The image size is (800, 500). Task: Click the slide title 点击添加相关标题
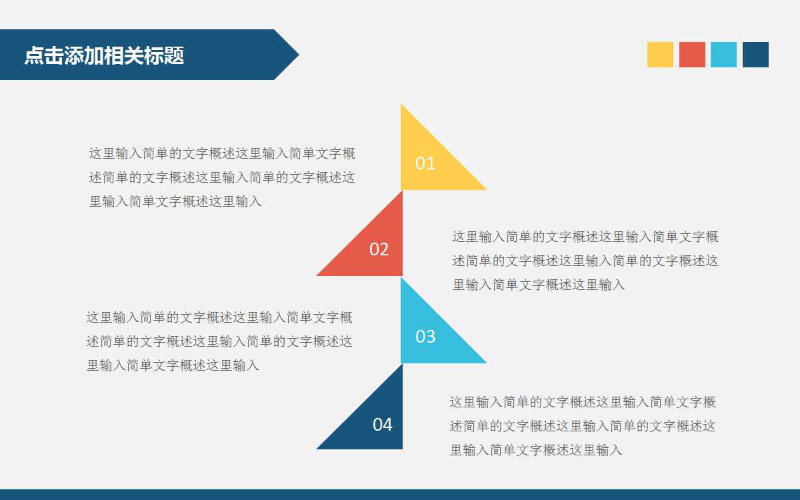pyautogui.click(x=104, y=55)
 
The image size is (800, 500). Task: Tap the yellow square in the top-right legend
pyautogui.click(x=660, y=55)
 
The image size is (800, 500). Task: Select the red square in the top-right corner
pyautogui.click(x=692, y=55)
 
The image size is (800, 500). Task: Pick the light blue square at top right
pyautogui.click(x=723, y=55)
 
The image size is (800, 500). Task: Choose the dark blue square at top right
pyautogui.click(x=755, y=55)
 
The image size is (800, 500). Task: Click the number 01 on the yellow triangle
pyautogui.click(x=425, y=163)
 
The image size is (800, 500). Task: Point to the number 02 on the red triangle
pyautogui.click(x=379, y=249)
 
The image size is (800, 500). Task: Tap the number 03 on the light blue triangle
pyautogui.click(x=425, y=337)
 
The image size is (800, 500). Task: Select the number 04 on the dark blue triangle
pyautogui.click(x=382, y=425)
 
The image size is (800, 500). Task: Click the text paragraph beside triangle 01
pyautogui.click(x=222, y=177)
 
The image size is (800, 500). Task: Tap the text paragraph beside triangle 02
pyautogui.click(x=585, y=261)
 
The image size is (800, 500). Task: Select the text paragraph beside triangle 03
pyautogui.click(x=219, y=341)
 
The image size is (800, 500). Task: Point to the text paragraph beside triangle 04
pyautogui.click(x=583, y=426)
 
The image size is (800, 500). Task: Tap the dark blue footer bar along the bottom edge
pyautogui.click(x=400, y=495)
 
